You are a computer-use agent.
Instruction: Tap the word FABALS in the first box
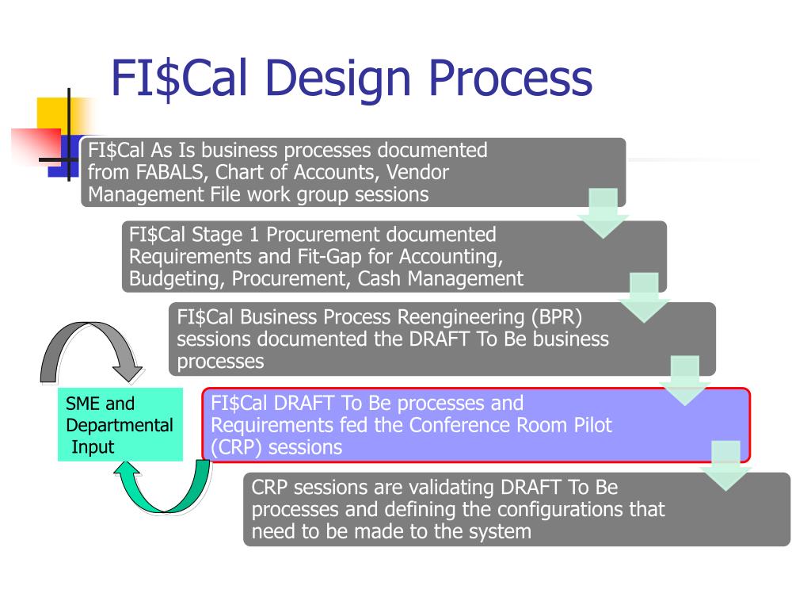(162, 172)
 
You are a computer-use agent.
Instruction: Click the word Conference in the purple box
(460, 425)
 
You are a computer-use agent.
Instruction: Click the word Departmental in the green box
(120, 425)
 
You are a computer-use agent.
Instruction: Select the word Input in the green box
(93, 446)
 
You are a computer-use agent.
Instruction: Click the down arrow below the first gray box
(603, 213)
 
